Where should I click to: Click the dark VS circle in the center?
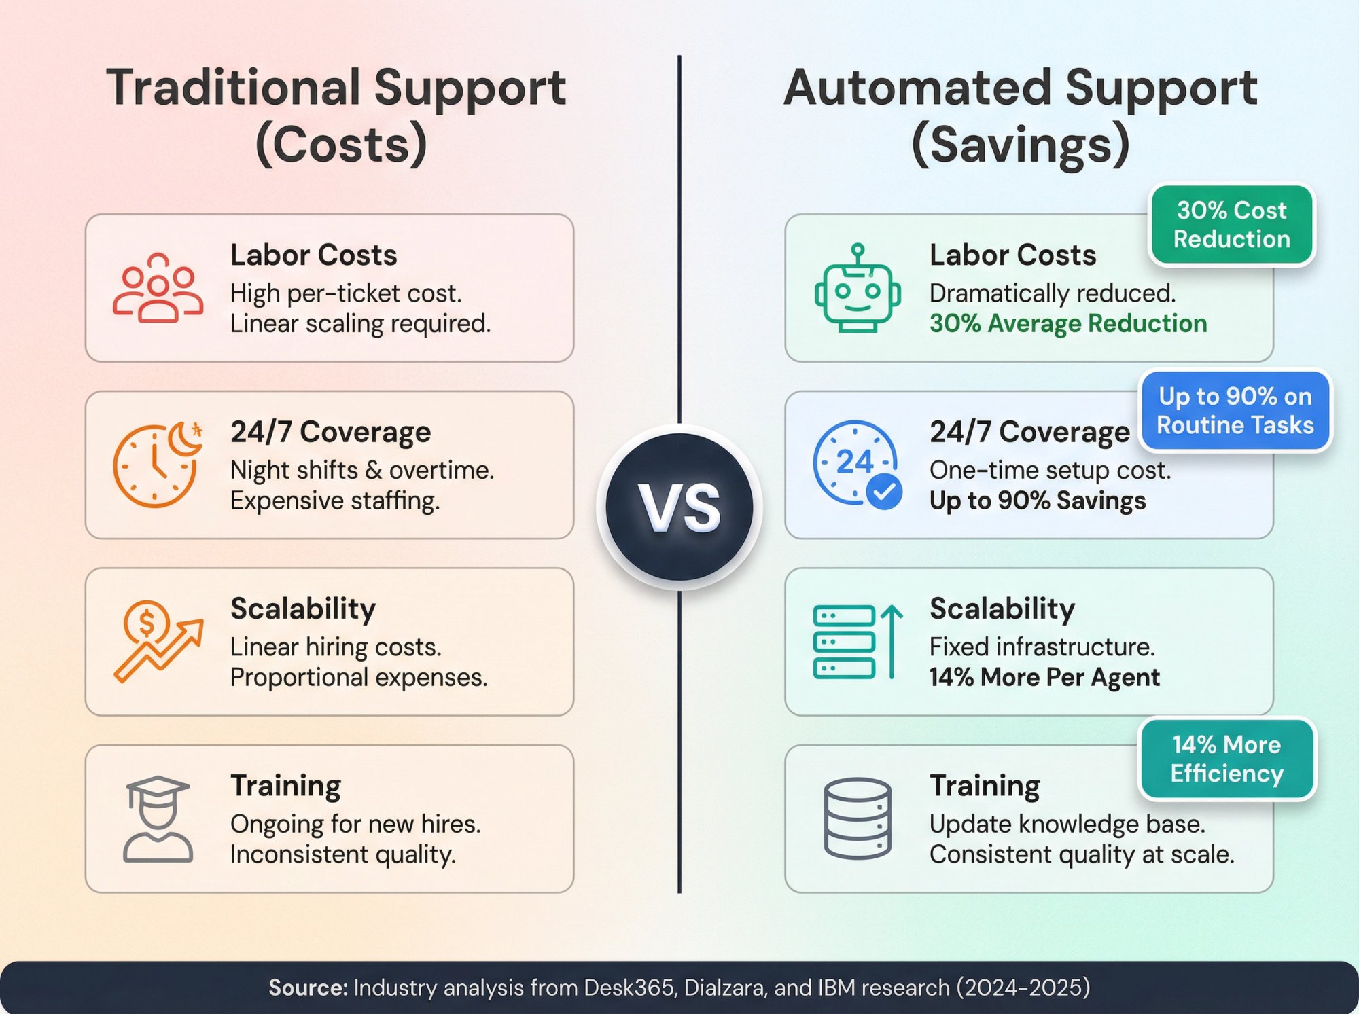679,507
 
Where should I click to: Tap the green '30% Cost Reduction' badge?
1231,225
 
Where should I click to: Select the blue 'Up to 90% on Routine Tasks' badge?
1235,410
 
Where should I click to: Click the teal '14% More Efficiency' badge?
1226,759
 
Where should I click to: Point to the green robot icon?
858,289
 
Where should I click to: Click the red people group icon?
158,288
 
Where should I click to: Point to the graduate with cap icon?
158,819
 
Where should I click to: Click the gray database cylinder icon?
858,818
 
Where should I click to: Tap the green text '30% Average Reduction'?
1068,323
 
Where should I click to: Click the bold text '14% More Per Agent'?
1044,677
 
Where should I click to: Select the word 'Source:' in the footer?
308,988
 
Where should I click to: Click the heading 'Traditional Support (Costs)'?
337,115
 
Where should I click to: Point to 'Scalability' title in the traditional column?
303,609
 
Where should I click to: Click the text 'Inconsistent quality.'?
342,854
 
